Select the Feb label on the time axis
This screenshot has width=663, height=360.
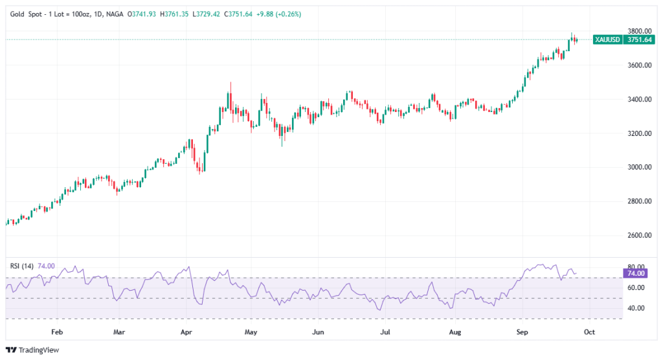tap(57, 332)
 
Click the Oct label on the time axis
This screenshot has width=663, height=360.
tap(589, 332)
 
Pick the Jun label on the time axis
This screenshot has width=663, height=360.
tap(318, 332)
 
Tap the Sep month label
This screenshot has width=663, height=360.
tap(522, 332)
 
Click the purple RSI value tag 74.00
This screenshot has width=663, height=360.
tap(638, 274)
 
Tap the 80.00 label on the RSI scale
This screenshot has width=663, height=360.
tap(637, 267)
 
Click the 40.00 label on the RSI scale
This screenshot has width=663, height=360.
tap(637, 308)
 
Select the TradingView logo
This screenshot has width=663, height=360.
tap(32, 350)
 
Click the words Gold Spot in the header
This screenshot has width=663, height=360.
tap(26, 14)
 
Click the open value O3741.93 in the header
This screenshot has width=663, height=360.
tap(144, 14)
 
